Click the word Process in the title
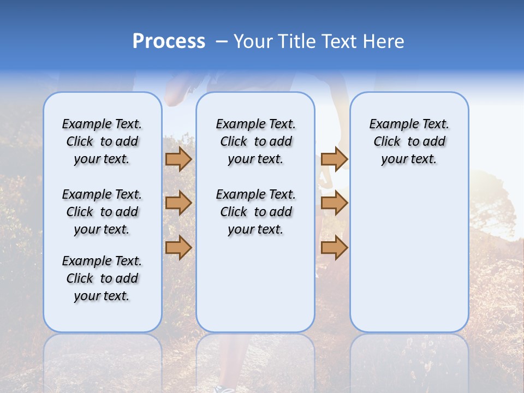coord(169,41)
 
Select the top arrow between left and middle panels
coord(178,159)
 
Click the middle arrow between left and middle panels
coord(178,204)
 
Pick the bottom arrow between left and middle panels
coord(178,247)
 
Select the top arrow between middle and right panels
coord(334,159)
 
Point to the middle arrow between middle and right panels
coord(334,204)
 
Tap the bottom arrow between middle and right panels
coord(334,247)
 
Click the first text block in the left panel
coord(102,141)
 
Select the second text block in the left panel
coord(102,212)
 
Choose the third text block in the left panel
coord(102,278)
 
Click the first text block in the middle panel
coord(255,141)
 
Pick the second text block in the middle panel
coord(255,212)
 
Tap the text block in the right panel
coord(409,141)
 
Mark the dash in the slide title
coord(221,41)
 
